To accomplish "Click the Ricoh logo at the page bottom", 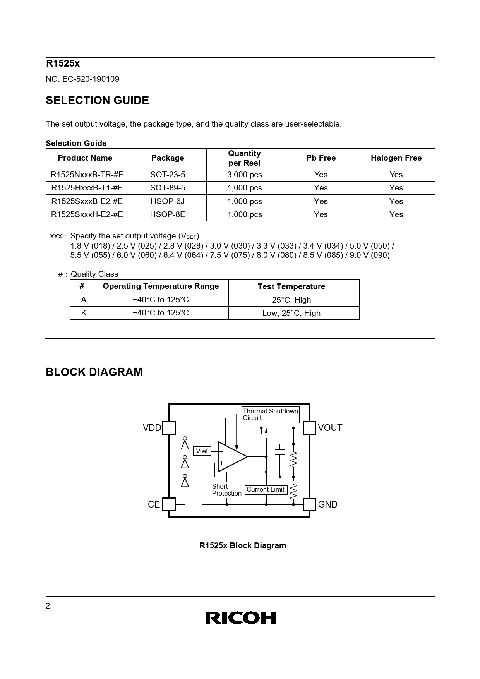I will (x=240, y=617).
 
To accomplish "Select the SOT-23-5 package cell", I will (x=168, y=175).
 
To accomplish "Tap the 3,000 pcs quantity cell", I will (x=244, y=175).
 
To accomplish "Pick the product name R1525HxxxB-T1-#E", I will (x=87, y=188).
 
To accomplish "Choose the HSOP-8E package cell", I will (x=168, y=214).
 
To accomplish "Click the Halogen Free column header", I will (x=396, y=158).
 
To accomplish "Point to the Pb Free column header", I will (x=321, y=158).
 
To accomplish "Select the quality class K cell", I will (x=84, y=313).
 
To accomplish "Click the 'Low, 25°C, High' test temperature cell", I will (x=291, y=313).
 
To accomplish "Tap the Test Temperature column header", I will (x=291, y=286).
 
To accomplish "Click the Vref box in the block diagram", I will (x=202, y=451).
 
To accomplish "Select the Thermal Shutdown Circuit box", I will (x=270, y=415).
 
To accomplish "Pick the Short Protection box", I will (x=227, y=490).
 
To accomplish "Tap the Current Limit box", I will (x=266, y=490).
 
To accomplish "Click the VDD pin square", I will (x=169, y=428).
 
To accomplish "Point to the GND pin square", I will (x=309, y=504).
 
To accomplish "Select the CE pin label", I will (x=154, y=504).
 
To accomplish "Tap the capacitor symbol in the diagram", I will (x=279, y=451).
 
